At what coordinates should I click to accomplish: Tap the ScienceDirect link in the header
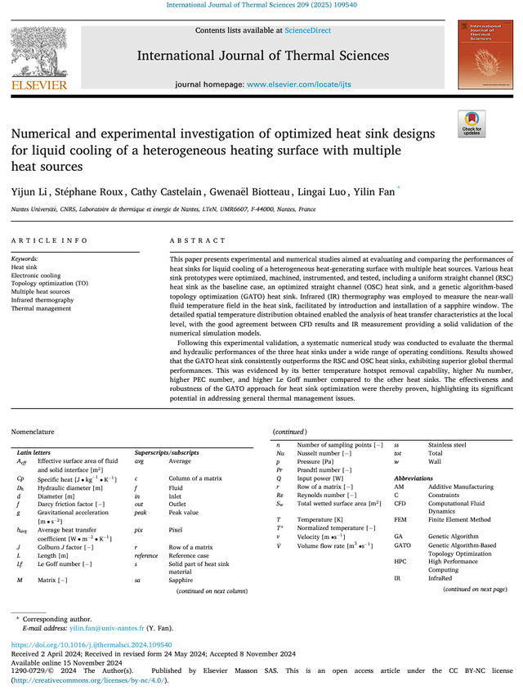307,30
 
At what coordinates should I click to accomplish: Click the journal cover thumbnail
481,55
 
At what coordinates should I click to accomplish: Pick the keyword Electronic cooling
36,276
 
